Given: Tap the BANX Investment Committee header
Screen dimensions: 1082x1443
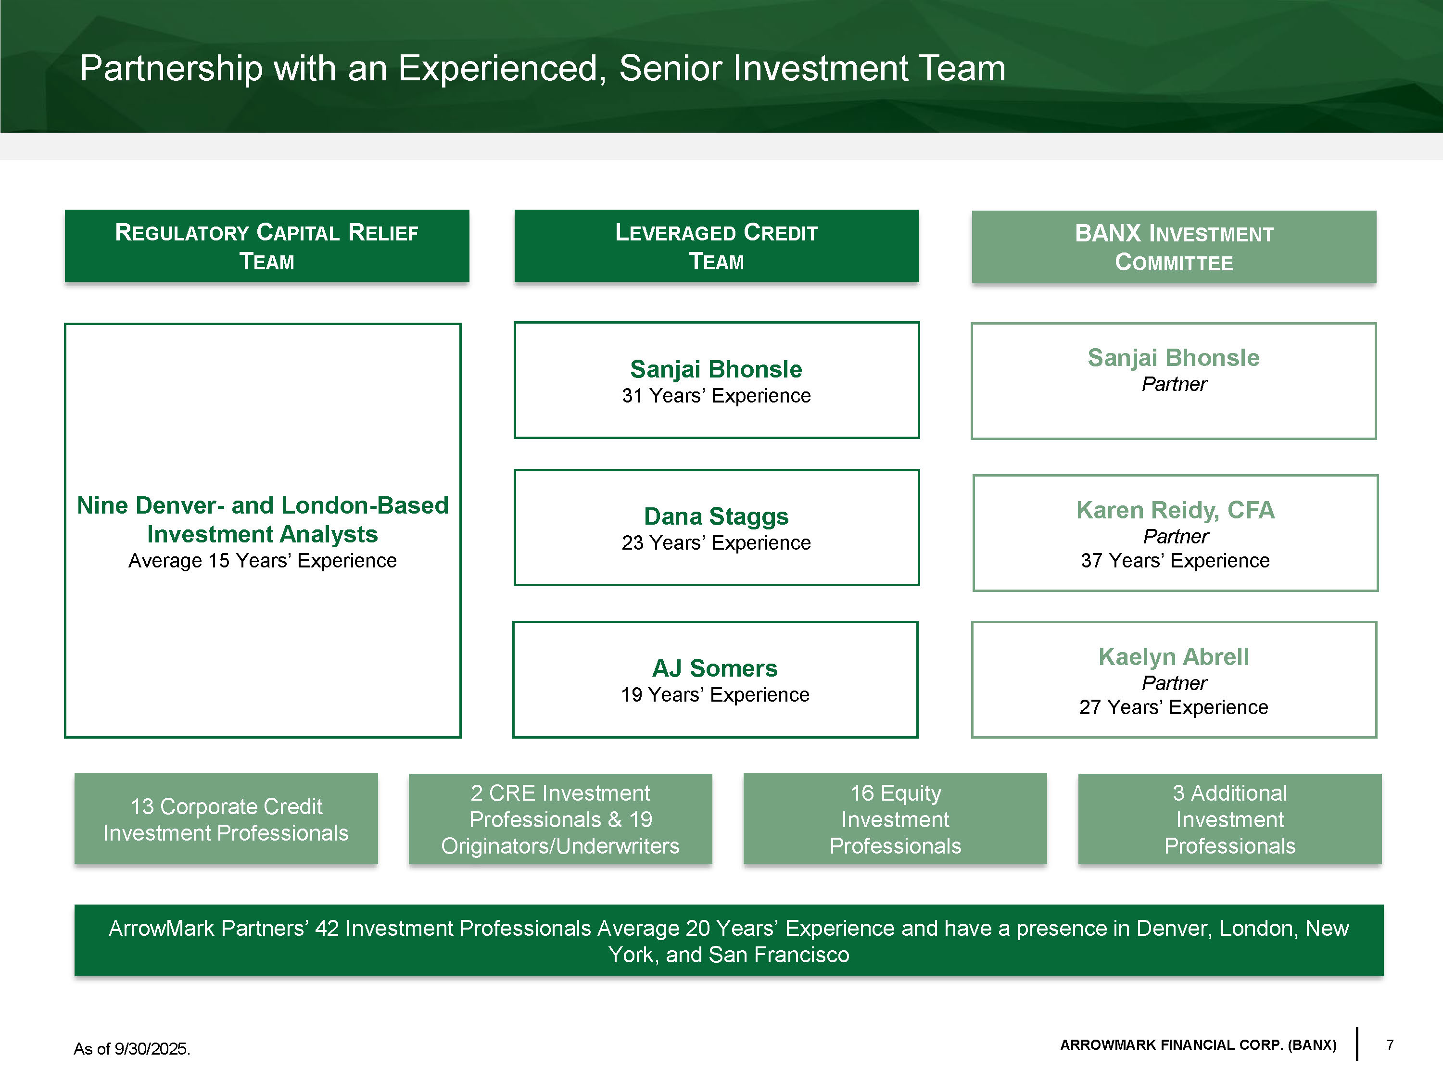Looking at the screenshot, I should click(x=1174, y=247).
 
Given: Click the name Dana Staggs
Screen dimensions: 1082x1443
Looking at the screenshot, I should click(x=716, y=516).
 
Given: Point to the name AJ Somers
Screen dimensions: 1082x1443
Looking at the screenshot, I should click(x=715, y=668).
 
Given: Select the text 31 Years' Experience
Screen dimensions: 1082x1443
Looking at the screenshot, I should click(x=716, y=396).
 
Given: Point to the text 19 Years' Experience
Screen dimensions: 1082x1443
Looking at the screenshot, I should click(x=715, y=694).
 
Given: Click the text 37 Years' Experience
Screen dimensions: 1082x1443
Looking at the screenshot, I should click(x=1175, y=560).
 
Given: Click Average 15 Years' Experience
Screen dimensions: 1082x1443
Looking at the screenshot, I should click(x=262, y=560).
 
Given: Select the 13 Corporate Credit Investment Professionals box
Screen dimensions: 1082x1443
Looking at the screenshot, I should click(x=226, y=819).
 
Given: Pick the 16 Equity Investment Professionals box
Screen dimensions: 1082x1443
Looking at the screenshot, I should click(x=895, y=819).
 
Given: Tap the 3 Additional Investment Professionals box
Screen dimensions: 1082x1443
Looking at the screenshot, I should click(x=1230, y=819).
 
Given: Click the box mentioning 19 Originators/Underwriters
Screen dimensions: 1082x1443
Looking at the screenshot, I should click(x=560, y=819).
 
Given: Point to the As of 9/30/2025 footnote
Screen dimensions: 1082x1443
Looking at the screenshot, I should click(x=132, y=1049).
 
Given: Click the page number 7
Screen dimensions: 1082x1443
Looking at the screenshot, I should click(x=1390, y=1045).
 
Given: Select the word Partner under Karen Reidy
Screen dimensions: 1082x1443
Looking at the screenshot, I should click(x=1176, y=536).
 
